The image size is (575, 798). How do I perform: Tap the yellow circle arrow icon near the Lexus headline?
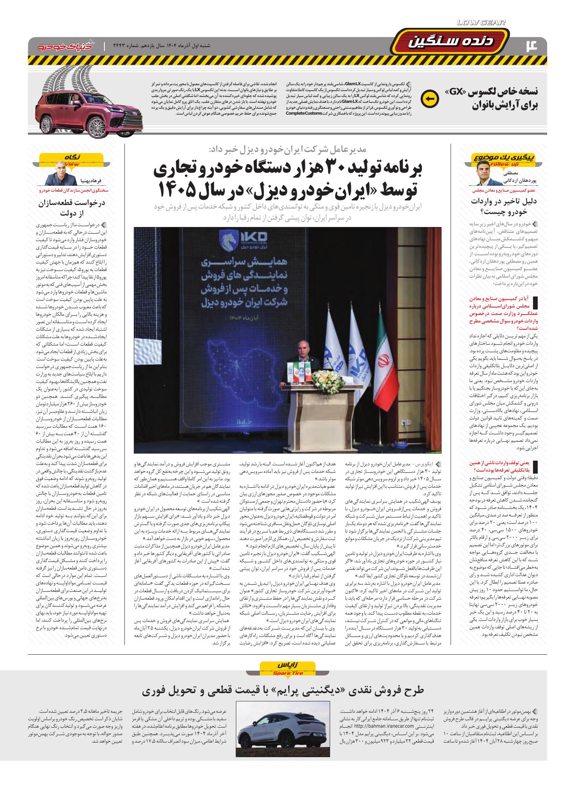(x=428, y=99)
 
